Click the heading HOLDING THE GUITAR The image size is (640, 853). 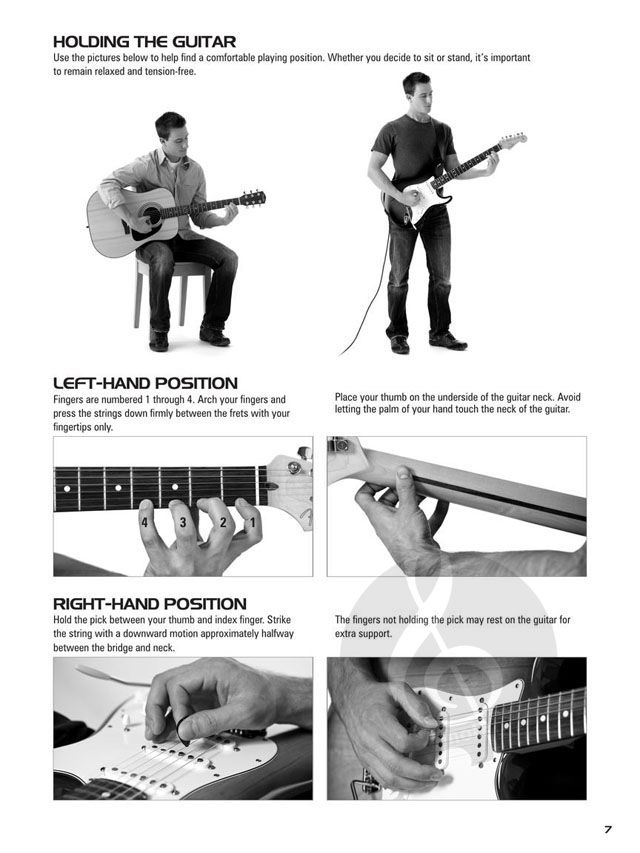[144, 42]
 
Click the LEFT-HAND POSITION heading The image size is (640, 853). [145, 383]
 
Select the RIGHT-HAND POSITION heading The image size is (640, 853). [150, 604]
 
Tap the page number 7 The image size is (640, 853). [607, 830]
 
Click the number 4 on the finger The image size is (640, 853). [144, 523]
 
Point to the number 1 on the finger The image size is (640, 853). [252, 523]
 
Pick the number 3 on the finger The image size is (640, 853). [183, 523]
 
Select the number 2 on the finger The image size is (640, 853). [223, 523]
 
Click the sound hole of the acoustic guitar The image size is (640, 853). [152, 215]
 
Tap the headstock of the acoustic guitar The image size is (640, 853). [253, 198]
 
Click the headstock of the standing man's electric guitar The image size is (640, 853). [513, 140]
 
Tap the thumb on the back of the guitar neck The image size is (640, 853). [403, 480]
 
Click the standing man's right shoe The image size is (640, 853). [400, 345]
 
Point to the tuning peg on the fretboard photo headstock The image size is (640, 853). [304, 453]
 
